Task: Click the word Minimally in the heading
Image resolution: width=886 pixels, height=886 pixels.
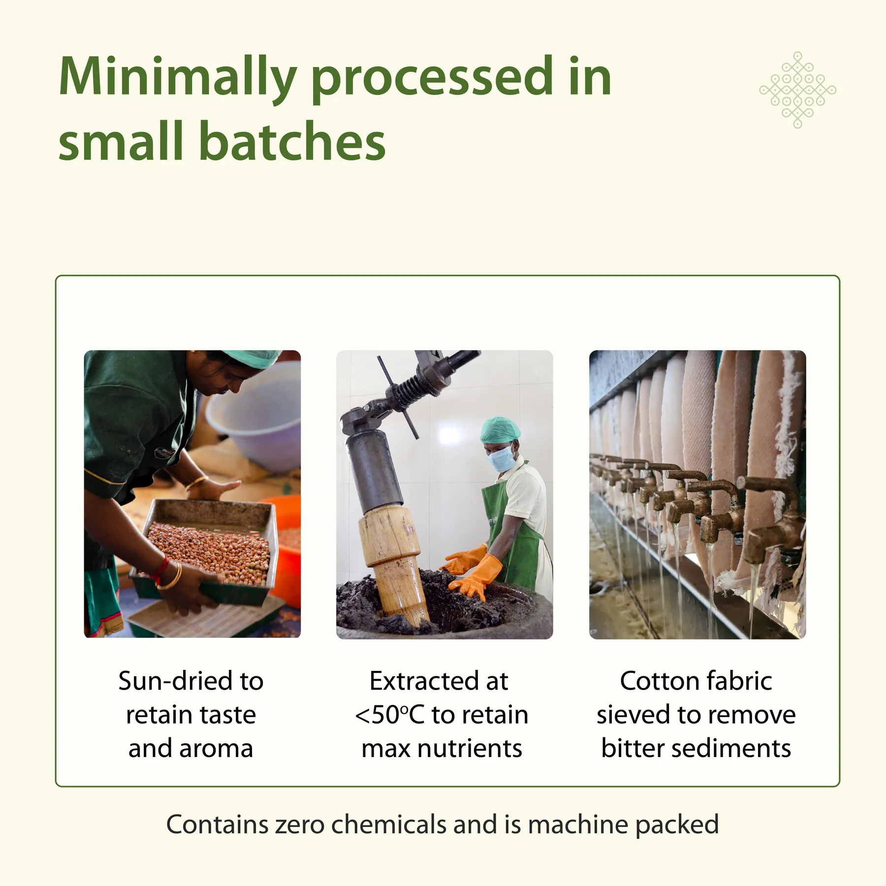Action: (x=178, y=78)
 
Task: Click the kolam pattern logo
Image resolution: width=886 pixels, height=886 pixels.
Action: (x=797, y=90)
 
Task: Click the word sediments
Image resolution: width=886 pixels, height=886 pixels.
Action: (x=730, y=749)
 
